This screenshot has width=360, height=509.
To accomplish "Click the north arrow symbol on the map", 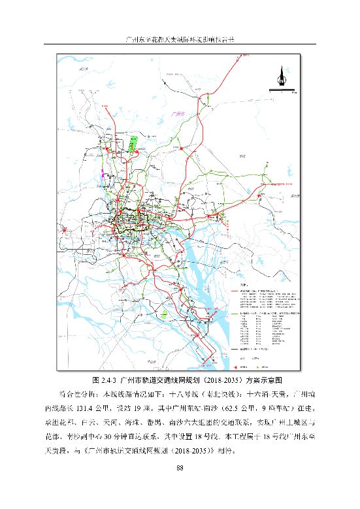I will point(282,77).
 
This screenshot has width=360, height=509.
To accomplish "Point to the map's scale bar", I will point(282,93).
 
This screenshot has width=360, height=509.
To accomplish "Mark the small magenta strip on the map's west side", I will point(103,173).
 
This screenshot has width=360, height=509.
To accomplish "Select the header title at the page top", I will point(179,40).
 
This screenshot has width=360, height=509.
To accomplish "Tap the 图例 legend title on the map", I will point(243,285).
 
